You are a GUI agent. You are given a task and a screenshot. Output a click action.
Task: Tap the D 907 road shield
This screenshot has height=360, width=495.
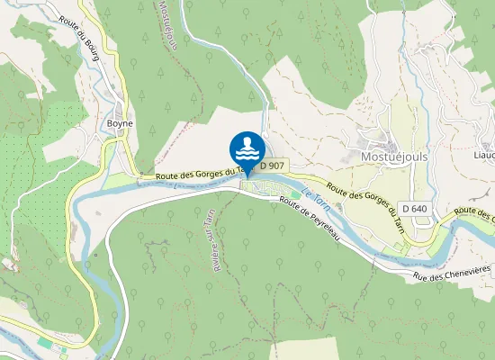273,166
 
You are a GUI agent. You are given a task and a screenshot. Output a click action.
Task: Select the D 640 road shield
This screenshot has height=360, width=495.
416,208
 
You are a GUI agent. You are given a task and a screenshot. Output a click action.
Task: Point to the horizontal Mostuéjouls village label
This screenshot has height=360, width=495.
393,155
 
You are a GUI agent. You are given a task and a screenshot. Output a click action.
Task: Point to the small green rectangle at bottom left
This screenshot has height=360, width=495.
45,343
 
